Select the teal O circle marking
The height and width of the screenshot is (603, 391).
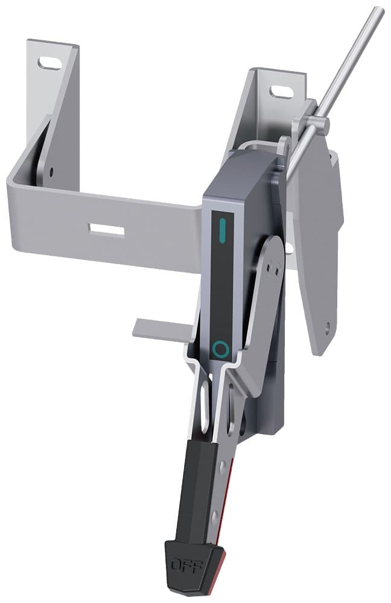(221, 349)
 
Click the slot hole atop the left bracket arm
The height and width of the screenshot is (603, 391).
(49, 63)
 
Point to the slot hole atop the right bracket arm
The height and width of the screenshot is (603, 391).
(281, 92)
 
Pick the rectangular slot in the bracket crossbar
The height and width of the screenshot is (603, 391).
(106, 229)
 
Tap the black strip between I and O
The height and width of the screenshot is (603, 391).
(221, 289)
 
